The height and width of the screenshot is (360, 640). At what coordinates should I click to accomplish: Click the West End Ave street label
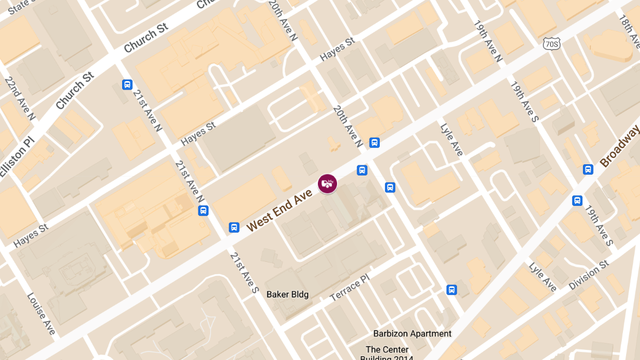tap(279, 209)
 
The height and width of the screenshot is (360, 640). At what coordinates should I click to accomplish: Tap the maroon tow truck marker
tap(327, 183)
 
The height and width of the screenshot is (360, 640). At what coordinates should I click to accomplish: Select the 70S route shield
tap(552, 44)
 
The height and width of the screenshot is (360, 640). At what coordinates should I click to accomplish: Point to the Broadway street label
tap(620, 146)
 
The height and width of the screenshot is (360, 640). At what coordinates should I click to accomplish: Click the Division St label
tap(589, 275)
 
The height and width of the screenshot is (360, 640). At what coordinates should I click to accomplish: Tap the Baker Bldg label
tap(287, 294)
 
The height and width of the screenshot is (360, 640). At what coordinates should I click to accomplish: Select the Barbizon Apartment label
tap(412, 334)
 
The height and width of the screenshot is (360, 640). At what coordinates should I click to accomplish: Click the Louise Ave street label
tap(41, 314)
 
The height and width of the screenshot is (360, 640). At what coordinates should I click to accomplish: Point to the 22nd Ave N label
tap(20, 98)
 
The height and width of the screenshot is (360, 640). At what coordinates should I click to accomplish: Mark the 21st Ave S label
tap(244, 273)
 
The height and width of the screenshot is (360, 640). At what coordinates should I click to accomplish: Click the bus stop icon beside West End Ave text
tap(234, 227)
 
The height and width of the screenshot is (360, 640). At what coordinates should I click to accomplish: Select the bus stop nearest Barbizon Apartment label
tap(451, 290)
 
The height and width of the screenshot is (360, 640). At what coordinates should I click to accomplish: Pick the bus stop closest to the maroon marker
tap(362, 170)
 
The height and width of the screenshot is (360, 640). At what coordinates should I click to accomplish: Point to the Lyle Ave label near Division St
tap(543, 277)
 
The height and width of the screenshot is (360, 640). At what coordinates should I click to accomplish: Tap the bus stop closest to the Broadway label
tap(588, 169)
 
